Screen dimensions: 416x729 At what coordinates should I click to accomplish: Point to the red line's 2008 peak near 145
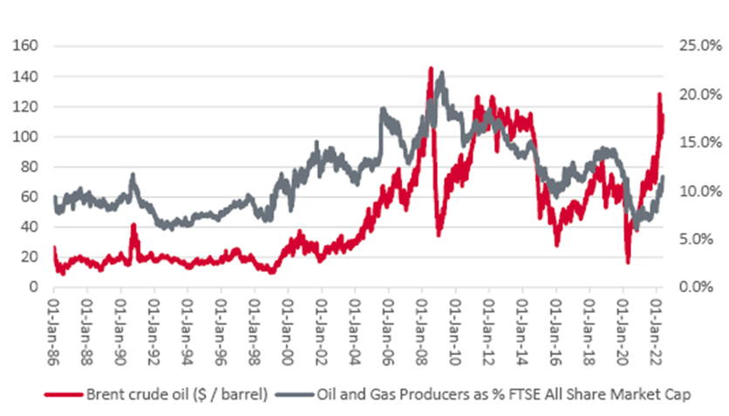[430, 68]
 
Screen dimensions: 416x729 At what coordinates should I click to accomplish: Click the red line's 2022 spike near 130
[660, 94]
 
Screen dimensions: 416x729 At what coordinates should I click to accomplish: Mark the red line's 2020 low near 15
[628, 262]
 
